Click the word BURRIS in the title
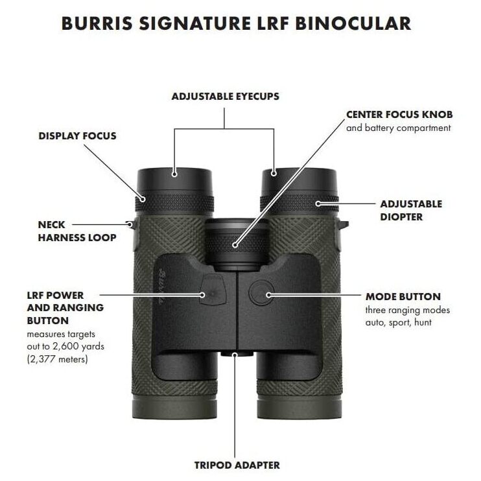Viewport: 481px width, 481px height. (97, 23)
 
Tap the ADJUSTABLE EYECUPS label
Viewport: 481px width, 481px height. (226, 97)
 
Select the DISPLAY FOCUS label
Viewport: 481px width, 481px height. (78, 136)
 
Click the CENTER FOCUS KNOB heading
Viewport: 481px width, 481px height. (399, 115)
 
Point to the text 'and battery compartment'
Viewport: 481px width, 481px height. (399, 128)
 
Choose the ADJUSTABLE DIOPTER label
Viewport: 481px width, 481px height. (411, 211)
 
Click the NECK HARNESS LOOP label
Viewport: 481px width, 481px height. (77, 231)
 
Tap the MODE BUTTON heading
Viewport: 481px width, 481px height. (403, 297)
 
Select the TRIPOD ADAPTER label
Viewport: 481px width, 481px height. (237, 465)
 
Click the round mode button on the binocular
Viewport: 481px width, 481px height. (261, 293)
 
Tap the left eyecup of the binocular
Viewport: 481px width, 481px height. (174, 181)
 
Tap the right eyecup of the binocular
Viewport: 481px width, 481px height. (299, 181)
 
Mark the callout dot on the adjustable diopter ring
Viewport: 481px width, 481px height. (318, 204)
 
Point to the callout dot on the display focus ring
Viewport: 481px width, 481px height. (143, 200)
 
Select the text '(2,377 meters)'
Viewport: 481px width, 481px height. (57, 359)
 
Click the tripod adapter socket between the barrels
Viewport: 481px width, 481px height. (237, 354)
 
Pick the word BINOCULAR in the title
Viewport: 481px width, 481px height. (353, 23)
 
